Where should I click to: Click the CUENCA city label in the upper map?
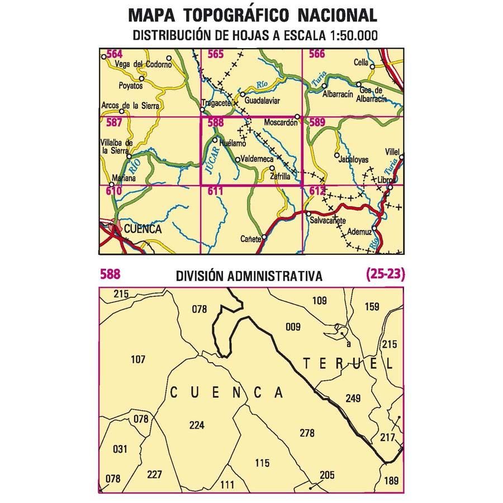[143, 229]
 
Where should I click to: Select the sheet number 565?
[215, 54]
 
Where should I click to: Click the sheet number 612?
[316, 191]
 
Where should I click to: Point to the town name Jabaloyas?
[353, 159]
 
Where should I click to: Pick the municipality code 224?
[197, 425]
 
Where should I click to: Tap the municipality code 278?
[307, 433]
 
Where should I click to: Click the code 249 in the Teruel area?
[353, 398]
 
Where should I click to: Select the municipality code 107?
[138, 359]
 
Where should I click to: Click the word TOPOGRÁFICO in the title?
[238, 15]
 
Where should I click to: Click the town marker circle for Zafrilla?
[272, 168]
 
